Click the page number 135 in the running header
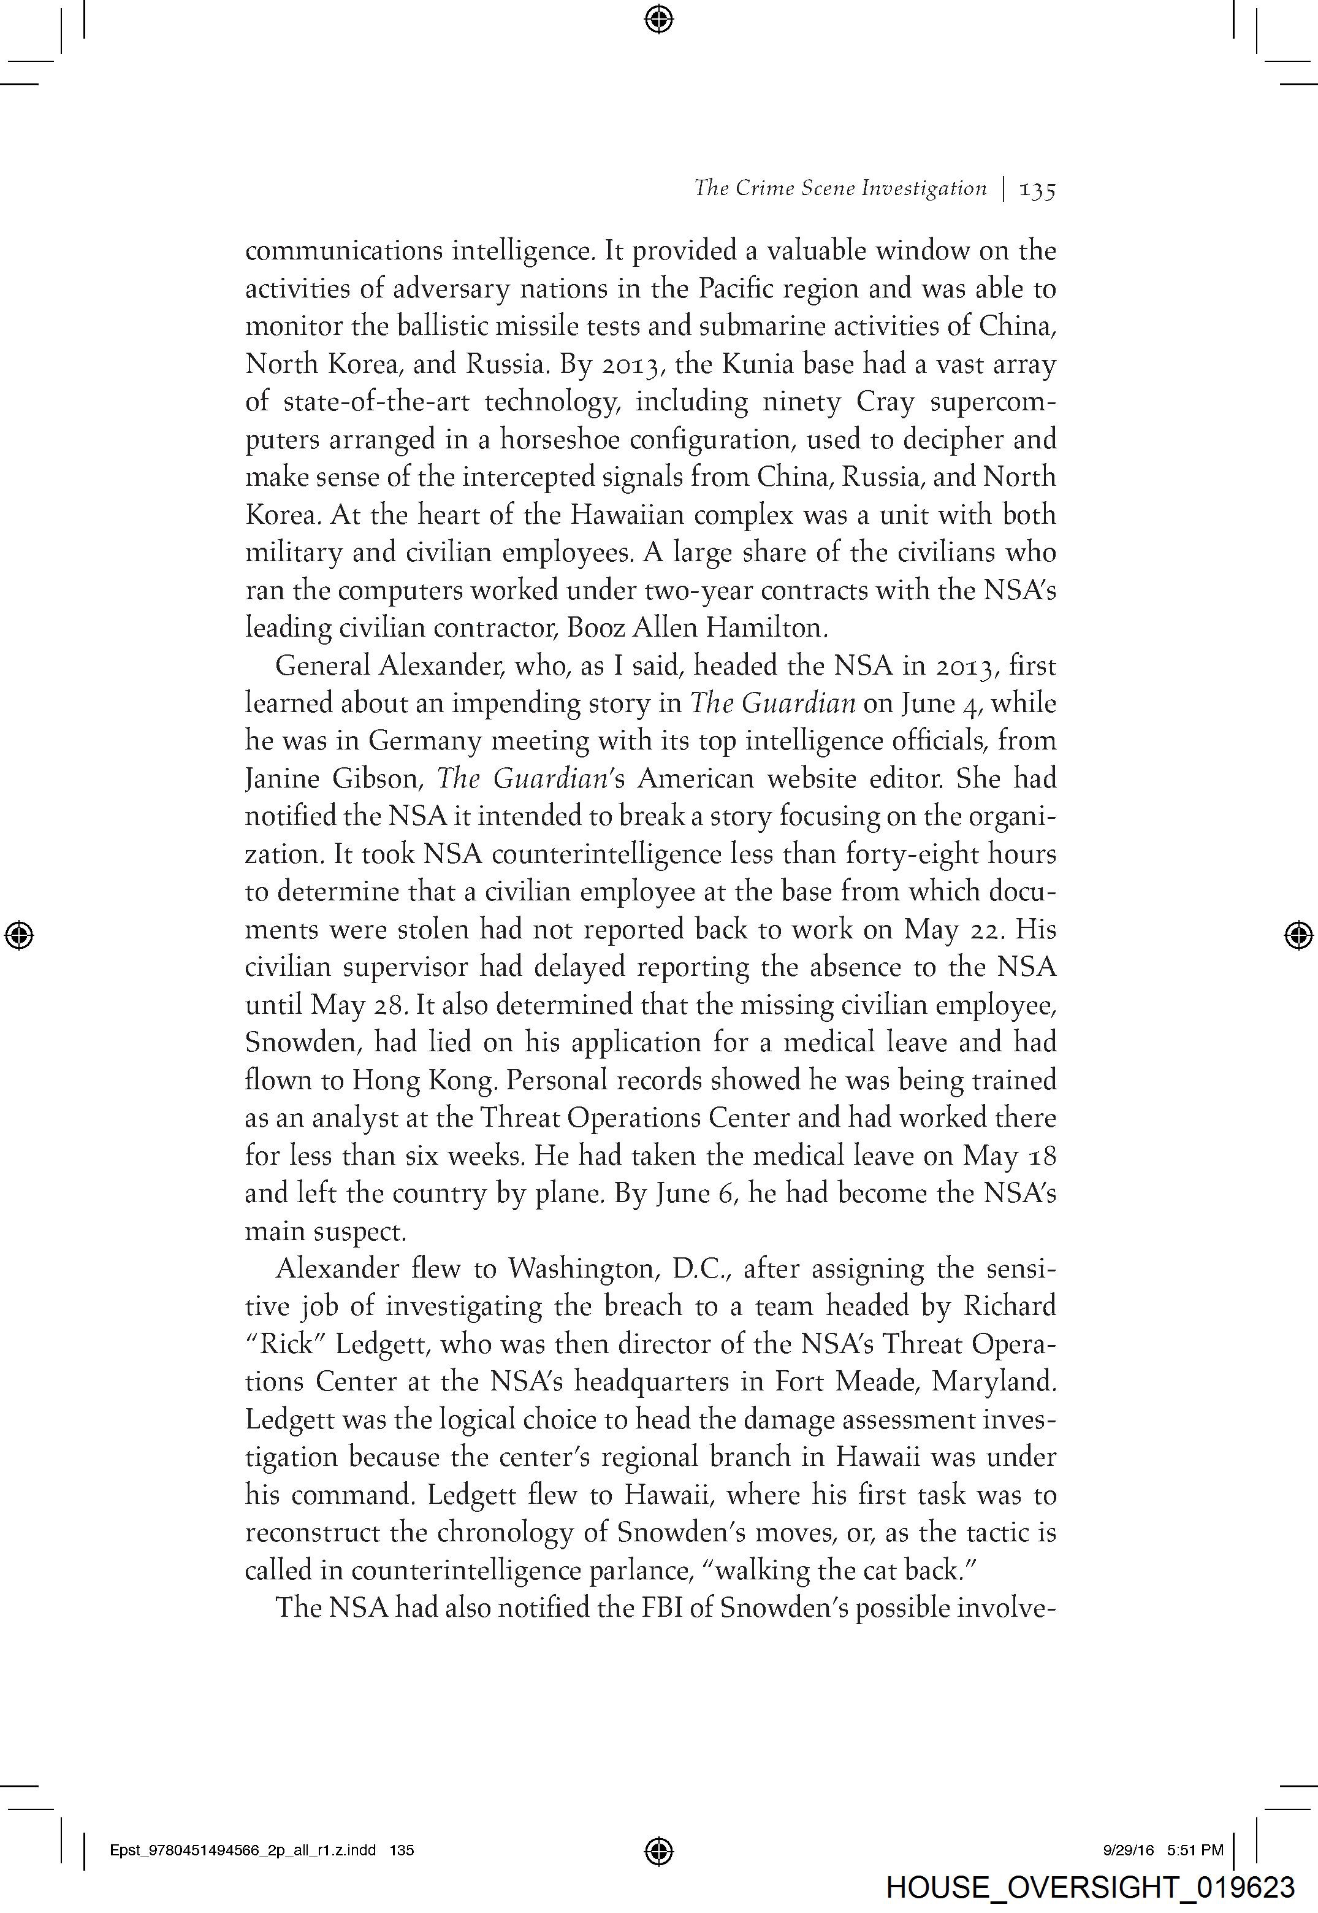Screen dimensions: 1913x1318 [x=1038, y=190]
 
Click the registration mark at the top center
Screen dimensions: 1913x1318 [x=658, y=18]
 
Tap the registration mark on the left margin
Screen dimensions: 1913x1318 [x=18, y=934]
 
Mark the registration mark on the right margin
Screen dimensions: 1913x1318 [x=1299, y=934]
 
